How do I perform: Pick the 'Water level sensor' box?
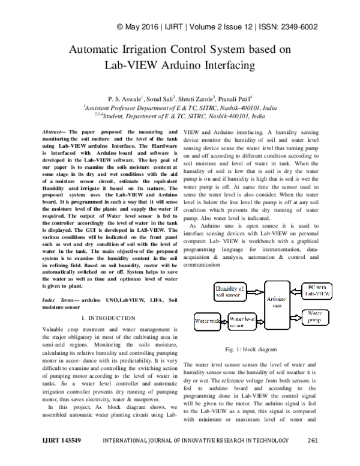coord(242,321)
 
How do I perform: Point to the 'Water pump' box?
coord(317,316)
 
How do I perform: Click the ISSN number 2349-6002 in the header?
coord(298,27)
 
